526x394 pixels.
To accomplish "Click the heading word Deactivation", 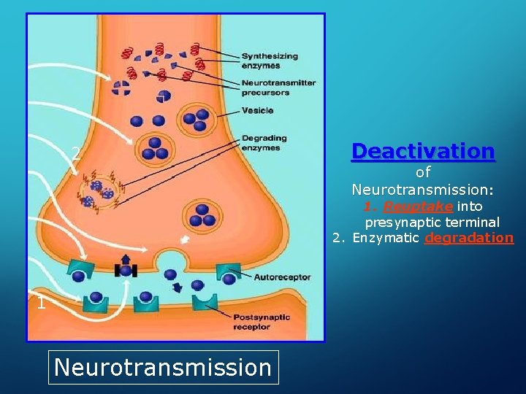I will click(x=423, y=151).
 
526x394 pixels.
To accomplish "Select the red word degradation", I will click(x=469, y=238).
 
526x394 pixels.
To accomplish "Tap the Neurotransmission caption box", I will click(x=162, y=366).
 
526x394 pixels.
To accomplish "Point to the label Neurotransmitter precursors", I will click(x=278, y=88).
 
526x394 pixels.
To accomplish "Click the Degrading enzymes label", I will click(x=262, y=143).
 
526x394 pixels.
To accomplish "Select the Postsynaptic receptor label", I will click(x=261, y=322).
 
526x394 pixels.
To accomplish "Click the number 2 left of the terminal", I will click(x=75, y=153).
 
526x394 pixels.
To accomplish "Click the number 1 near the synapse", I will click(x=42, y=304).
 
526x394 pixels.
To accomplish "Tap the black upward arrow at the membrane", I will click(x=125, y=262).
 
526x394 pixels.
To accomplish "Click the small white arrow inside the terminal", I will click(x=184, y=239).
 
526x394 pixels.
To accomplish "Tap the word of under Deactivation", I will click(x=423, y=173).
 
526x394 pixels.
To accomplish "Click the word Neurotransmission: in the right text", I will click(x=423, y=190).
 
